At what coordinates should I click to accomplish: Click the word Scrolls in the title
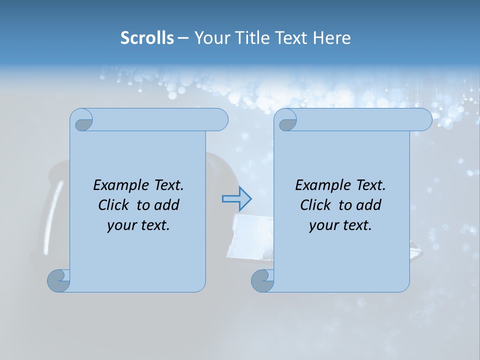coord(147,38)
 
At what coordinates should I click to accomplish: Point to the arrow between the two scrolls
coord(237,199)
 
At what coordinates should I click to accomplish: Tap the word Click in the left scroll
coord(113,205)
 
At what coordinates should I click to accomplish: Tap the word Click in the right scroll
coord(315,205)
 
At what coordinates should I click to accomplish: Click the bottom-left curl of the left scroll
coord(59,280)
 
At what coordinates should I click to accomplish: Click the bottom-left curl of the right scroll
coord(262,280)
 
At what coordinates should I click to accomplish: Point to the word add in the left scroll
coord(167,205)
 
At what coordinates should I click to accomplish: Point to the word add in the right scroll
coord(369,205)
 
